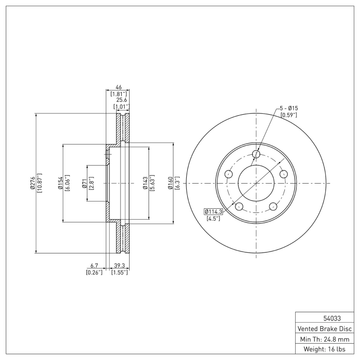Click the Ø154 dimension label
(60, 183)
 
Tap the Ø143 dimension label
(145, 183)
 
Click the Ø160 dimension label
(170, 183)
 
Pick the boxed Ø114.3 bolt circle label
(214, 211)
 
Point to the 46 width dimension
(119, 87)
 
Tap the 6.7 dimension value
(94, 265)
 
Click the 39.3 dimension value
(120, 265)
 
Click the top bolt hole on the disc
(256, 155)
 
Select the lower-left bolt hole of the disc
(239, 207)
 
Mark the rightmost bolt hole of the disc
(283, 174)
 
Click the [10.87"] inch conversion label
(40, 183)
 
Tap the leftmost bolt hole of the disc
(229, 174)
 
